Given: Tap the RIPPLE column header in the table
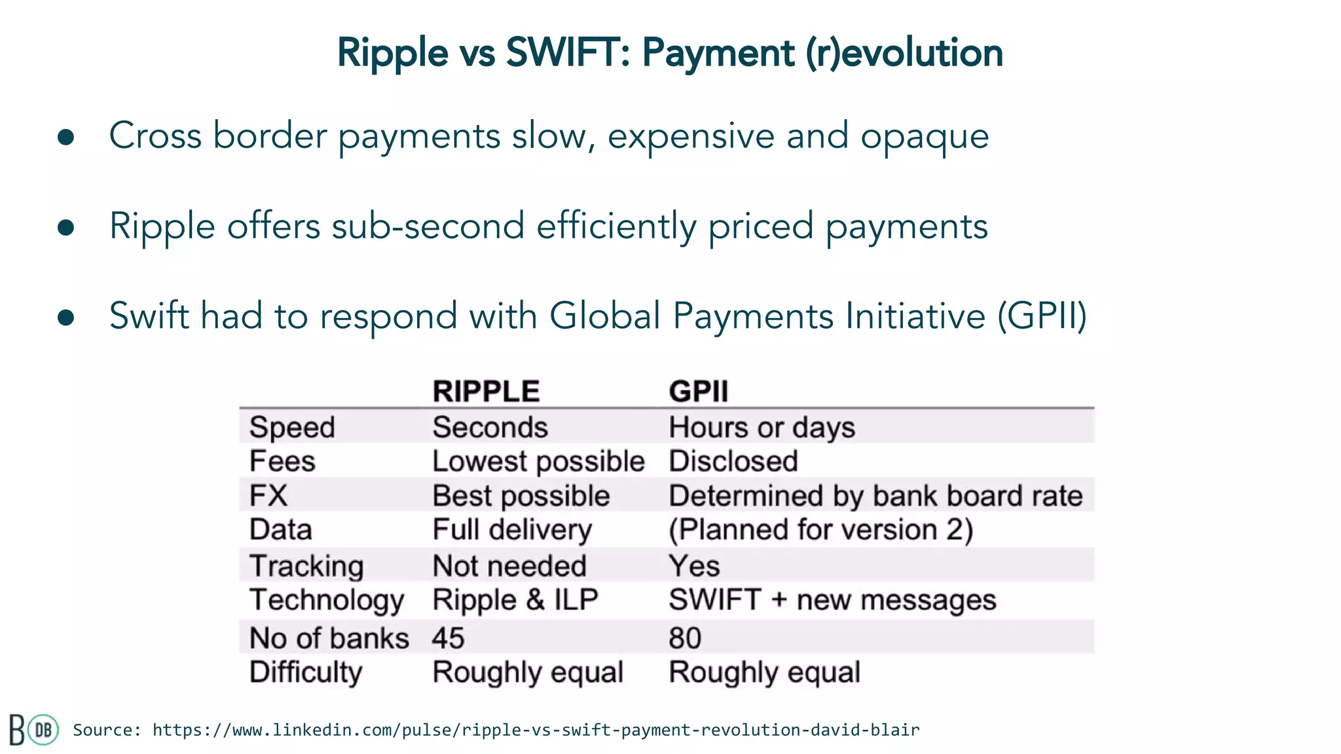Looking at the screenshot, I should (x=486, y=391).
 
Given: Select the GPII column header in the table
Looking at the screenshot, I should (x=698, y=391).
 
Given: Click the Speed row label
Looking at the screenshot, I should (x=292, y=427).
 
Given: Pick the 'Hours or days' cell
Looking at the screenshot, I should (x=762, y=427).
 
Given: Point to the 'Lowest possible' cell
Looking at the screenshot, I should (x=538, y=461).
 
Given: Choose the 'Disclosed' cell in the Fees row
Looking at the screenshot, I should (x=733, y=461).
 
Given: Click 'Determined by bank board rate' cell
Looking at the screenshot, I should (x=875, y=495).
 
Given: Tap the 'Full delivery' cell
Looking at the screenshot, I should (x=512, y=530).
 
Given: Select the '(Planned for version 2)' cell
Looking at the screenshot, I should (x=820, y=530).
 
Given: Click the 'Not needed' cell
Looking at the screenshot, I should (x=509, y=566).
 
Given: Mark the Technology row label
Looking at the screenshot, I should (x=327, y=600).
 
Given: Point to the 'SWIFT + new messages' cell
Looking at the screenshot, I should (x=832, y=600).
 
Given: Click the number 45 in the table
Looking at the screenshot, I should (x=449, y=638).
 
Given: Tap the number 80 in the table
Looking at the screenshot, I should (x=685, y=638).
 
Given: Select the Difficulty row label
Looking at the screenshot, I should (x=306, y=672).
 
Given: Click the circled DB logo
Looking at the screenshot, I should (x=43, y=730).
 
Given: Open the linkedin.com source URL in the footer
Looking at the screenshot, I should (x=536, y=730).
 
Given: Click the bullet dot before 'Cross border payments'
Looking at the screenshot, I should (x=65, y=137).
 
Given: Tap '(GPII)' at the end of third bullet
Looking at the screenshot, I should (x=1042, y=316).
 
